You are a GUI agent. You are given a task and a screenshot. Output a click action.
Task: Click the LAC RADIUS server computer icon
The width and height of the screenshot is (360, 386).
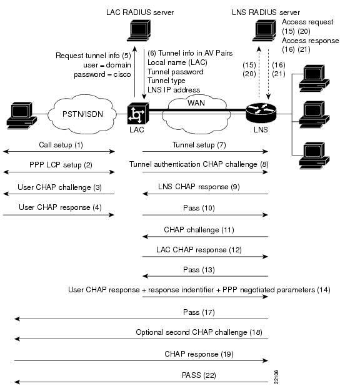point(139,31)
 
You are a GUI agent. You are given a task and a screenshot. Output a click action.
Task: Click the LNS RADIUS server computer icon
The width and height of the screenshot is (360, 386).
point(264,31)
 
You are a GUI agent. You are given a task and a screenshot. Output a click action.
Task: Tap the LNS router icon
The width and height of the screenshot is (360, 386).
point(261,113)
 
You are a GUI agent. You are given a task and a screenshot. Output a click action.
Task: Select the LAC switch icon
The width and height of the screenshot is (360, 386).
point(138,114)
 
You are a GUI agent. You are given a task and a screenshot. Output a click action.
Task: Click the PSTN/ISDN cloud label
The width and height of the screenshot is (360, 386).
point(82,114)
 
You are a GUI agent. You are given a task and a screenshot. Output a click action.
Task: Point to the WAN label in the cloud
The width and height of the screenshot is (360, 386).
point(196,102)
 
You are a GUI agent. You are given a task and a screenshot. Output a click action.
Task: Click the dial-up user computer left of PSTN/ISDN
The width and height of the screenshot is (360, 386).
point(22,116)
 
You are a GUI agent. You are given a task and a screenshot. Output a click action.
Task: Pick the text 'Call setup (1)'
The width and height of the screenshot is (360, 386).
point(61,145)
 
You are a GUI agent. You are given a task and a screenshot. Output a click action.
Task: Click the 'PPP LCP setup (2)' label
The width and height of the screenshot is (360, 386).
point(61,165)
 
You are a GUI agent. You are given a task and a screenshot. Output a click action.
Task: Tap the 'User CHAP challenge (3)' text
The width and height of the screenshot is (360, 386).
point(59,187)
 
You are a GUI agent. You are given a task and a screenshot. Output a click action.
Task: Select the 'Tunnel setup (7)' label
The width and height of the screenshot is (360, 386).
point(199,145)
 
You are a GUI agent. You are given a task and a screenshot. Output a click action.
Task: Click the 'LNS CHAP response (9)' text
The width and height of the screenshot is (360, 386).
point(199,187)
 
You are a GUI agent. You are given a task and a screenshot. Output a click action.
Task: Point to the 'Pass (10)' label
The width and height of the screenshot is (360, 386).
point(199,208)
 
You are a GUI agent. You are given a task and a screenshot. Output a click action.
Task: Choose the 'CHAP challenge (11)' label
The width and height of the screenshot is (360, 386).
point(199,230)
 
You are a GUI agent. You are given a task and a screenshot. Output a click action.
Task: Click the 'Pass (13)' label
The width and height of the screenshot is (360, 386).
point(199,270)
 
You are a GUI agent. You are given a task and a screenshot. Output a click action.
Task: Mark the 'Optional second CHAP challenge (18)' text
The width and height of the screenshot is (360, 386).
point(199,332)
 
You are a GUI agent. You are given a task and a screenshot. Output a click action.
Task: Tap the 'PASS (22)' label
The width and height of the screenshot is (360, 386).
point(199,375)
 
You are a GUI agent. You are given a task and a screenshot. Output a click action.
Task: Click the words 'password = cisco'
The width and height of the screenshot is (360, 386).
point(102,74)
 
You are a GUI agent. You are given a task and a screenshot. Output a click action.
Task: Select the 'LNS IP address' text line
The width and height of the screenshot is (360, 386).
point(174,90)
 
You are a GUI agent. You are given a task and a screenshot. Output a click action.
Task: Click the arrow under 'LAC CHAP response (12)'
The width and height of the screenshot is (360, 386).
point(205,257)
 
